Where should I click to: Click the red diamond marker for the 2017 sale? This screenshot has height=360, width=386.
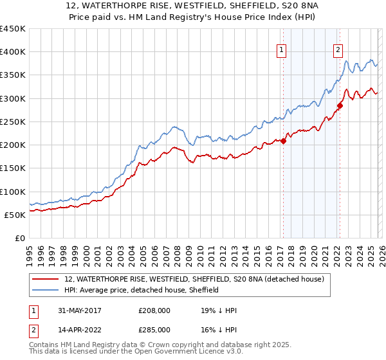point(284,141)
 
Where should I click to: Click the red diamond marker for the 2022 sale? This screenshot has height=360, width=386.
point(339,106)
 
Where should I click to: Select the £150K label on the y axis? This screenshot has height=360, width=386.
point(12,168)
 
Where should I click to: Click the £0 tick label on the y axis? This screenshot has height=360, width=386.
point(19,239)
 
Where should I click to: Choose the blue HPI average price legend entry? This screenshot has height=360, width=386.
point(142,290)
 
